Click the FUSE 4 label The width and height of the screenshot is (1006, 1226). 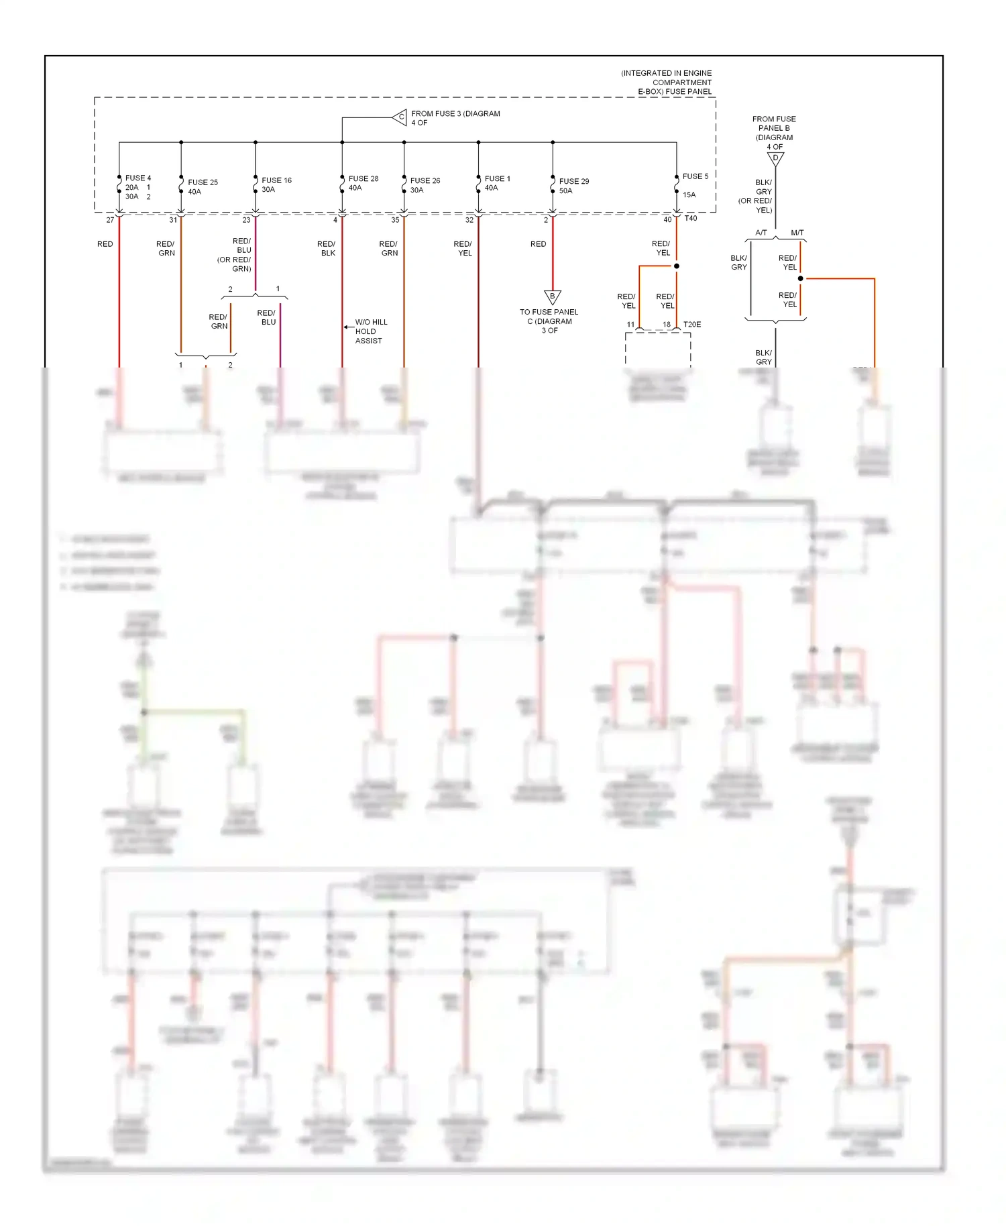coord(138,178)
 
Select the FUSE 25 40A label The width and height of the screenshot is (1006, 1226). coord(203,186)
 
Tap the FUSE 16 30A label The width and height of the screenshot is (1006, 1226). coord(276,184)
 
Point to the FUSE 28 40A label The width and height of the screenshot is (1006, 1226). coord(363,183)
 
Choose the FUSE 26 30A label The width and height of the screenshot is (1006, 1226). coord(425,185)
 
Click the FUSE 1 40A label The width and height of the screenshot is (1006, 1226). coord(497,183)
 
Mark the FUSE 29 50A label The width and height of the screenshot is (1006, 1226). coord(573,186)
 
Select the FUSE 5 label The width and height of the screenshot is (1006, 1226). coord(695,176)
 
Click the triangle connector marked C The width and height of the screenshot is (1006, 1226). coord(400,117)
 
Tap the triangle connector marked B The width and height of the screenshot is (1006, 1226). coord(552,296)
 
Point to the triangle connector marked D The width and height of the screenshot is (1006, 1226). coord(775,159)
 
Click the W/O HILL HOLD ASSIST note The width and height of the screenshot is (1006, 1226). coord(370,331)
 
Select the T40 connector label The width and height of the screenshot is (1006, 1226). coord(691,218)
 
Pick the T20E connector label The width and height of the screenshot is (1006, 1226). coord(692,325)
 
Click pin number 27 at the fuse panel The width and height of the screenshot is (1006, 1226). coord(110,220)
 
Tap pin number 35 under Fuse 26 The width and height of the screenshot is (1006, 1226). coord(395,220)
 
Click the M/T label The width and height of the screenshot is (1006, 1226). coord(797,233)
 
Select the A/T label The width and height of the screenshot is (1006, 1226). coord(761,233)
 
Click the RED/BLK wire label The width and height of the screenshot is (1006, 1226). coord(327,248)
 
